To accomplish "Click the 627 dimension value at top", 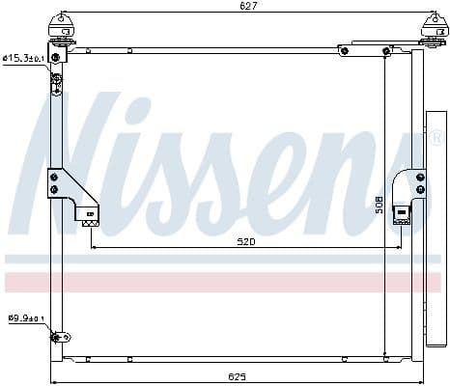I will pos(247,7).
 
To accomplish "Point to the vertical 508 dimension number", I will pos(380,205).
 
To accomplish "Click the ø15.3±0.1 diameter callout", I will pos(24,58).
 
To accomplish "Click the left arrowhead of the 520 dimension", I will pos(94,248).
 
